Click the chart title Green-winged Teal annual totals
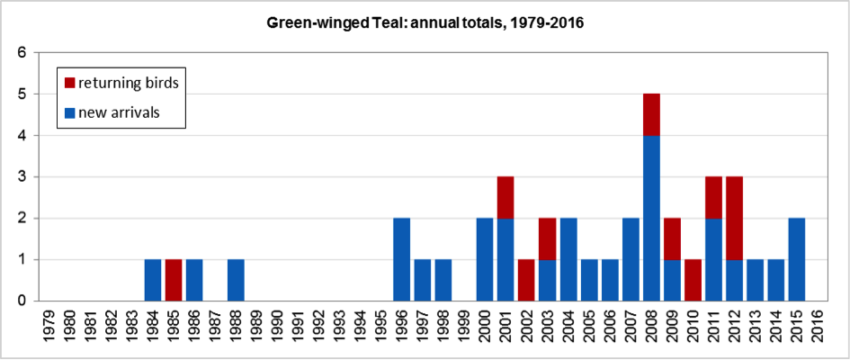pos(425,22)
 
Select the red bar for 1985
pos(174,280)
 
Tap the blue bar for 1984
pos(153,280)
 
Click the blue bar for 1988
pos(236,280)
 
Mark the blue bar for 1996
pos(402,259)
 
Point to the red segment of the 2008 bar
pos(652,114)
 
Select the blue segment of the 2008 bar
pos(652,218)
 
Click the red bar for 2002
pos(527,280)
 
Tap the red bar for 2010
pos(693,280)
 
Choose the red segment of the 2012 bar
pos(735,218)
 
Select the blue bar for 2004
pos(568,259)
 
